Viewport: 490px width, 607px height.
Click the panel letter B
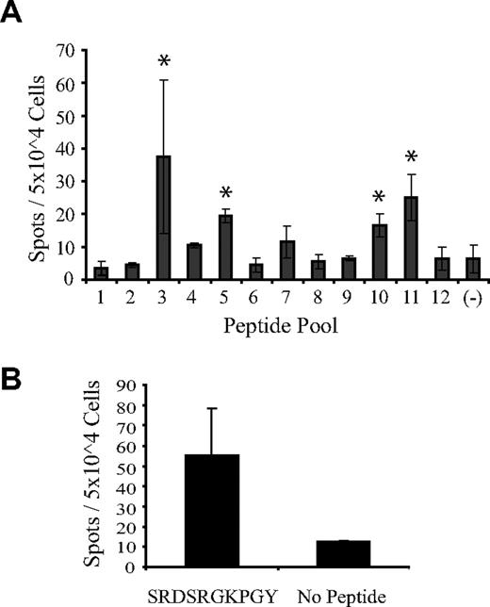click(x=14, y=355)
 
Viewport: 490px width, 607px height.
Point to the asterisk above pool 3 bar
click(x=163, y=62)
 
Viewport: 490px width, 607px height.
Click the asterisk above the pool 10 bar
click(x=380, y=197)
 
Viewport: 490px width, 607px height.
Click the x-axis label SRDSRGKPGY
click(x=211, y=594)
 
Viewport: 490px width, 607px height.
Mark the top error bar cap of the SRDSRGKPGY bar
click(x=211, y=408)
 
